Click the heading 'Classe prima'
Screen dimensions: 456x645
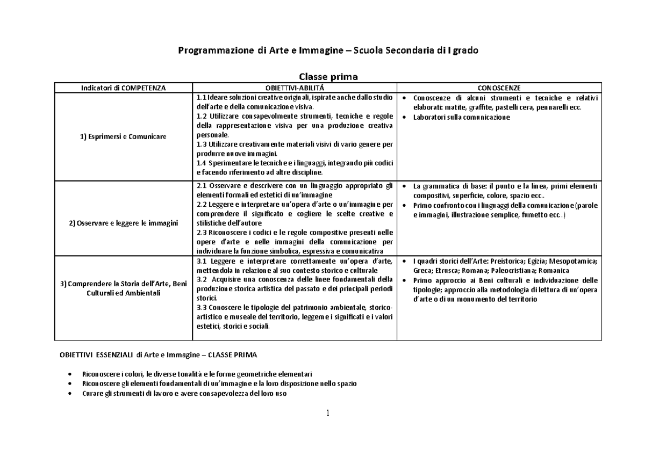pos(328,77)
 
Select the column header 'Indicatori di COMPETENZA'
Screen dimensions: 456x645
pos(124,88)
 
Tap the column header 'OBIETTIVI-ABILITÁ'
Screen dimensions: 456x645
pos(295,88)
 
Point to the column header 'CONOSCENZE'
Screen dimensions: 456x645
pos(499,88)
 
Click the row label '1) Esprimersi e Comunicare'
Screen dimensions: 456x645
pos(124,136)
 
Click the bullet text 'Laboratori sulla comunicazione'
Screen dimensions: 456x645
pos(461,117)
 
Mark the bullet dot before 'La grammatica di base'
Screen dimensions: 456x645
pos(404,186)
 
